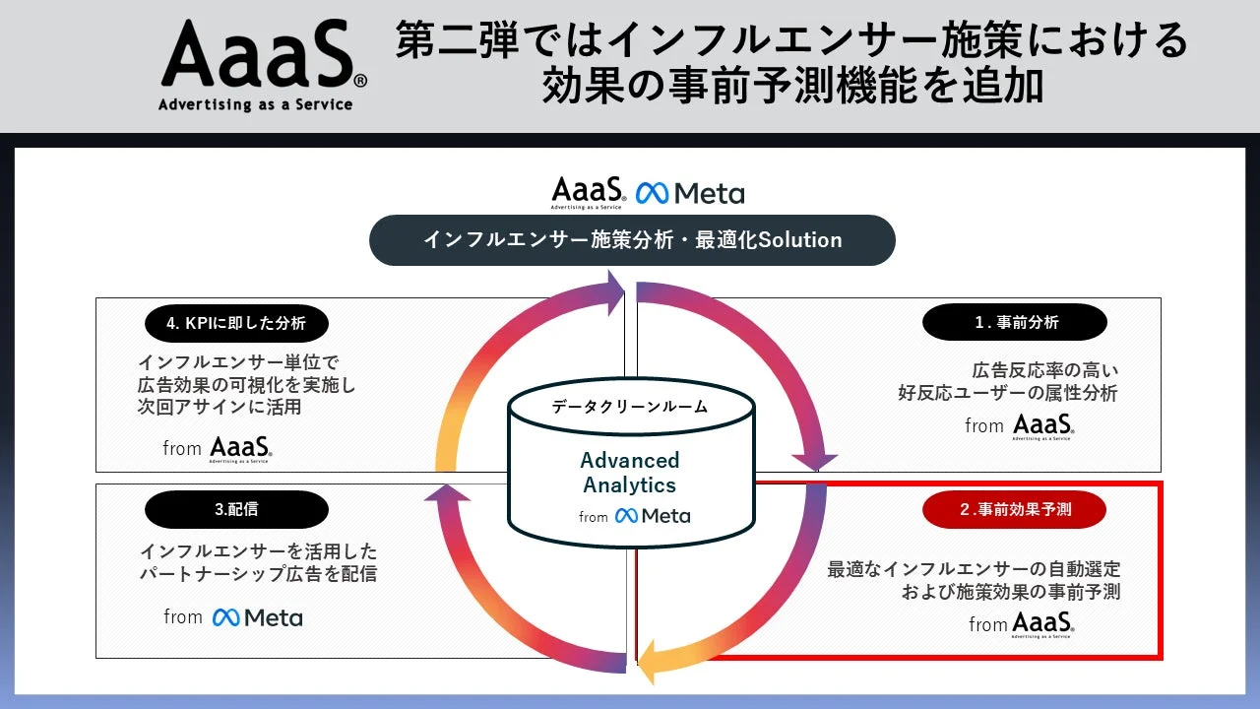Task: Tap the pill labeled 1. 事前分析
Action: [1014, 322]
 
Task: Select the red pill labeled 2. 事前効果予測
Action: [1014, 509]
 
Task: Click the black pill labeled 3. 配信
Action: [236, 509]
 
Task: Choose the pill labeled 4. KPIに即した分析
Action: [236, 322]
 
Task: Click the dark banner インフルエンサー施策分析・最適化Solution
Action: [632, 240]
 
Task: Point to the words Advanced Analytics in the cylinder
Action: [630, 473]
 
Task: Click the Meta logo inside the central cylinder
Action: [653, 516]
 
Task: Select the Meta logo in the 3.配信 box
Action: [258, 617]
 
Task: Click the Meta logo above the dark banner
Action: [690, 193]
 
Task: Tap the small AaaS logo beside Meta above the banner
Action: [588, 192]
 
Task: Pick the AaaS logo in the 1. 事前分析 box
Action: [1043, 426]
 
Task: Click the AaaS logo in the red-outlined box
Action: [1043, 624]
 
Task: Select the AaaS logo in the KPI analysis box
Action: [241, 449]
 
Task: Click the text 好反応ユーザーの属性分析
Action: [1007, 394]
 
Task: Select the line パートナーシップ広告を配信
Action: [258, 574]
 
